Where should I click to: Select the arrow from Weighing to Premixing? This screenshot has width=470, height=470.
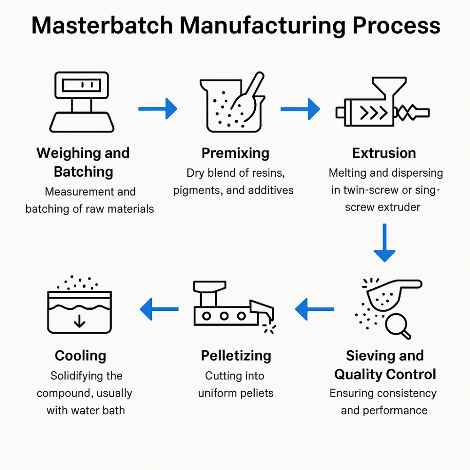[x=157, y=109]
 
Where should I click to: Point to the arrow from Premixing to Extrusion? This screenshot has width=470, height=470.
[x=300, y=109]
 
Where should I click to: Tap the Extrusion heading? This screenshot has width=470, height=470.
[x=384, y=153]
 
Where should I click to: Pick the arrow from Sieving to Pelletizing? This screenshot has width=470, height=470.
[x=314, y=309]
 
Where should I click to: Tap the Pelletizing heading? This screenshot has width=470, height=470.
[x=236, y=356]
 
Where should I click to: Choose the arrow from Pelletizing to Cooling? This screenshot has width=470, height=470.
[x=159, y=309]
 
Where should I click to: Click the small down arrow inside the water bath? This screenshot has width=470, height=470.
[x=79, y=321]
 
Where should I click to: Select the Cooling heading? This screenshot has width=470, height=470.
[x=80, y=356]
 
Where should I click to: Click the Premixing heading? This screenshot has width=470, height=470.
[x=235, y=153]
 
